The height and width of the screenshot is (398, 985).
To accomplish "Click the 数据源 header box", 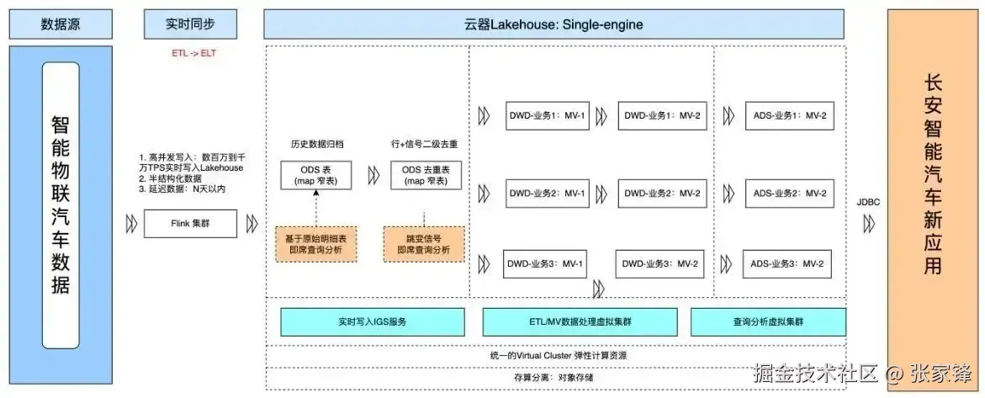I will coord(60,24).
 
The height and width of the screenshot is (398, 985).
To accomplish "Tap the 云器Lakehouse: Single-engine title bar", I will coord(553,24).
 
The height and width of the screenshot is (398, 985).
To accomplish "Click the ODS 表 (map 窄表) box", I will coord(316,175).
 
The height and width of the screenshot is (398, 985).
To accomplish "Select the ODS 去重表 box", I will coord(425,175).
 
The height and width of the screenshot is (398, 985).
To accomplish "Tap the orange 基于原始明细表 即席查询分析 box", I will coord(316,243).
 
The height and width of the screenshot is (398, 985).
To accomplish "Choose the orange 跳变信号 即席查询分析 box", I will coord(424,243).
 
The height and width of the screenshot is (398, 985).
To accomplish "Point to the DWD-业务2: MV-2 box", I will coord(660,194).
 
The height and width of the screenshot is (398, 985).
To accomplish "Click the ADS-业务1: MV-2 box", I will coord(789,115).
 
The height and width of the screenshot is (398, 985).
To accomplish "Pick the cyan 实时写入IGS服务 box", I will coord(372,321).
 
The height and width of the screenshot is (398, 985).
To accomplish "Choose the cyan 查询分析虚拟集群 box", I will coord(768,321).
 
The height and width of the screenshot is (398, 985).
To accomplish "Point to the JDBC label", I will coord(868,202).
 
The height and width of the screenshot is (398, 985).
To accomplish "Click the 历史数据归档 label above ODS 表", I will coord(312,144).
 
